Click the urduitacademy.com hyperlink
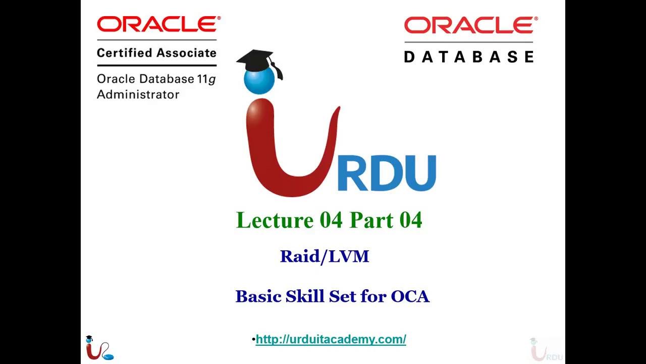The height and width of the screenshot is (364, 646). pyautogui.click(x=331, y=339)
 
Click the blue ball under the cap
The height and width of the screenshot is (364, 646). pyautogui.click(x=259, y=80)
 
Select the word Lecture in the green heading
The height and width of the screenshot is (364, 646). pyautogui.click(x=275, y=220)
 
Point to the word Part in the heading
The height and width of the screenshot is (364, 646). pyautogui.click(x=371, y=220)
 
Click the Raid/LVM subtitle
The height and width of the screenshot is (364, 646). pyautogui.click(x=325, y=256)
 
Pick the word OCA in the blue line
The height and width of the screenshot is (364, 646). pyautogui.click(x=410, y=296)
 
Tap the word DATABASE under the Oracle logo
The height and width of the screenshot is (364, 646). pyautogui.click(x=468, y=56)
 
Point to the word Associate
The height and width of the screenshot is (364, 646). pyautogui.click(x=186, y=53)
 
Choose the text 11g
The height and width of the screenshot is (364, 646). pyautogui.click(x=207, y=79)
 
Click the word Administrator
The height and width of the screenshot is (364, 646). pyautogui.click(x=138, y=95)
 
